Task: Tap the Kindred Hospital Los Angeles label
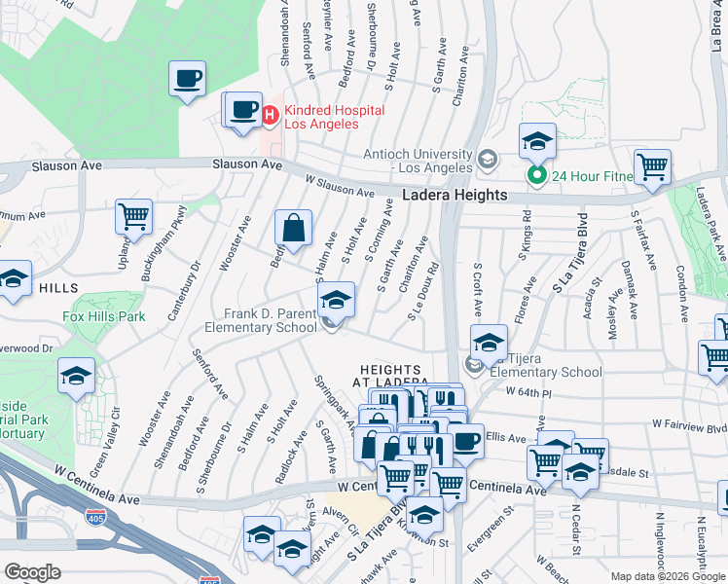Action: (334, 117)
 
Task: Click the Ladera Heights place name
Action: (455, 196)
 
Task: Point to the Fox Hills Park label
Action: (103, 316)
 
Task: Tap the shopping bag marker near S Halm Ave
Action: (293, 230)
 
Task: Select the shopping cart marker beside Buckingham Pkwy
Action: (133, 216)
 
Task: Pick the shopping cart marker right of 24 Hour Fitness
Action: (651, 166)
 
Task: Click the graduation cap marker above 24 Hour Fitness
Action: (536, 141)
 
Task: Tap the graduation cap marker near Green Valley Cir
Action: (76, 376)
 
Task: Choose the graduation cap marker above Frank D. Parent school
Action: (336, 299)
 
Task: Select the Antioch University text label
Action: (417, 160)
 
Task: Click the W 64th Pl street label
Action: (528, 391)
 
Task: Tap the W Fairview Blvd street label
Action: (689, 424)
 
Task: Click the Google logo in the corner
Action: (32, 572)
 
